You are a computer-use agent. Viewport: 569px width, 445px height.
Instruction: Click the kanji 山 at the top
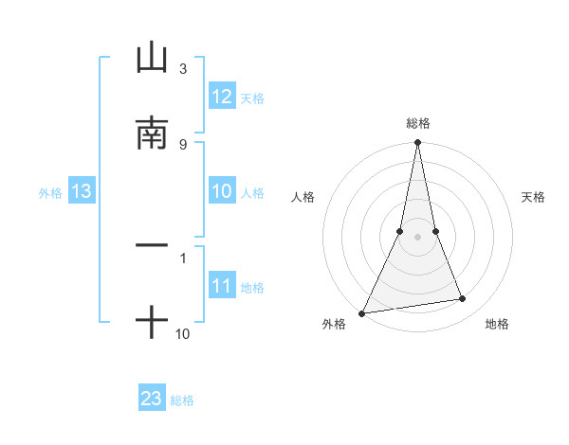click(x=151, y=59)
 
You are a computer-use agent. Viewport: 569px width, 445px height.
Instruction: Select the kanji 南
click(x=151, y=133)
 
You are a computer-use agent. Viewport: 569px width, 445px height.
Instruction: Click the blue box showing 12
click(x=222, y=97)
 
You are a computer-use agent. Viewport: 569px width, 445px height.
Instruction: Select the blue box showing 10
click(x=222, y=191)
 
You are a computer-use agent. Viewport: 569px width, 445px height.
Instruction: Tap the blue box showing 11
click(x=222, y=286)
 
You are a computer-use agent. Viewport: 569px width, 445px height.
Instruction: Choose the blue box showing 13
click(x=82, y=192)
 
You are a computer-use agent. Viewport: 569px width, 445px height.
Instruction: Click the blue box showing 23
click(x=152, y=399)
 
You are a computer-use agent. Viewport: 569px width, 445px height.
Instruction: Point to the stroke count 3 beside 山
click(x=182, y=69)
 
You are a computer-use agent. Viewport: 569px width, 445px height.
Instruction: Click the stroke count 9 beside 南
click(x=182, y=144)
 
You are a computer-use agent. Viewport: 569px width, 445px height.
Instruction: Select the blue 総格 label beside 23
click(x=182, y=400)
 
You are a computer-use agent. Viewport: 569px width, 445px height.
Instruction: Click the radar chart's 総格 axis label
click(x=417, y=123)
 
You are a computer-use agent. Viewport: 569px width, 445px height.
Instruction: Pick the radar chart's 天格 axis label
click(x=533, y=197)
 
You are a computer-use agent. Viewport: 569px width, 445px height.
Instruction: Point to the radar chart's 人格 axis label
click(x=303, y=197)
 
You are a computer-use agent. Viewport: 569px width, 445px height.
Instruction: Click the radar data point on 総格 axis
click(x=417, y=143)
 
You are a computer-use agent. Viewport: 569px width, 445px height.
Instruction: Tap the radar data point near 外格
click(x=361, y=312)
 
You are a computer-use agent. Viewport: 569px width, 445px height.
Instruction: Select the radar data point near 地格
click(x=463, y=299)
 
